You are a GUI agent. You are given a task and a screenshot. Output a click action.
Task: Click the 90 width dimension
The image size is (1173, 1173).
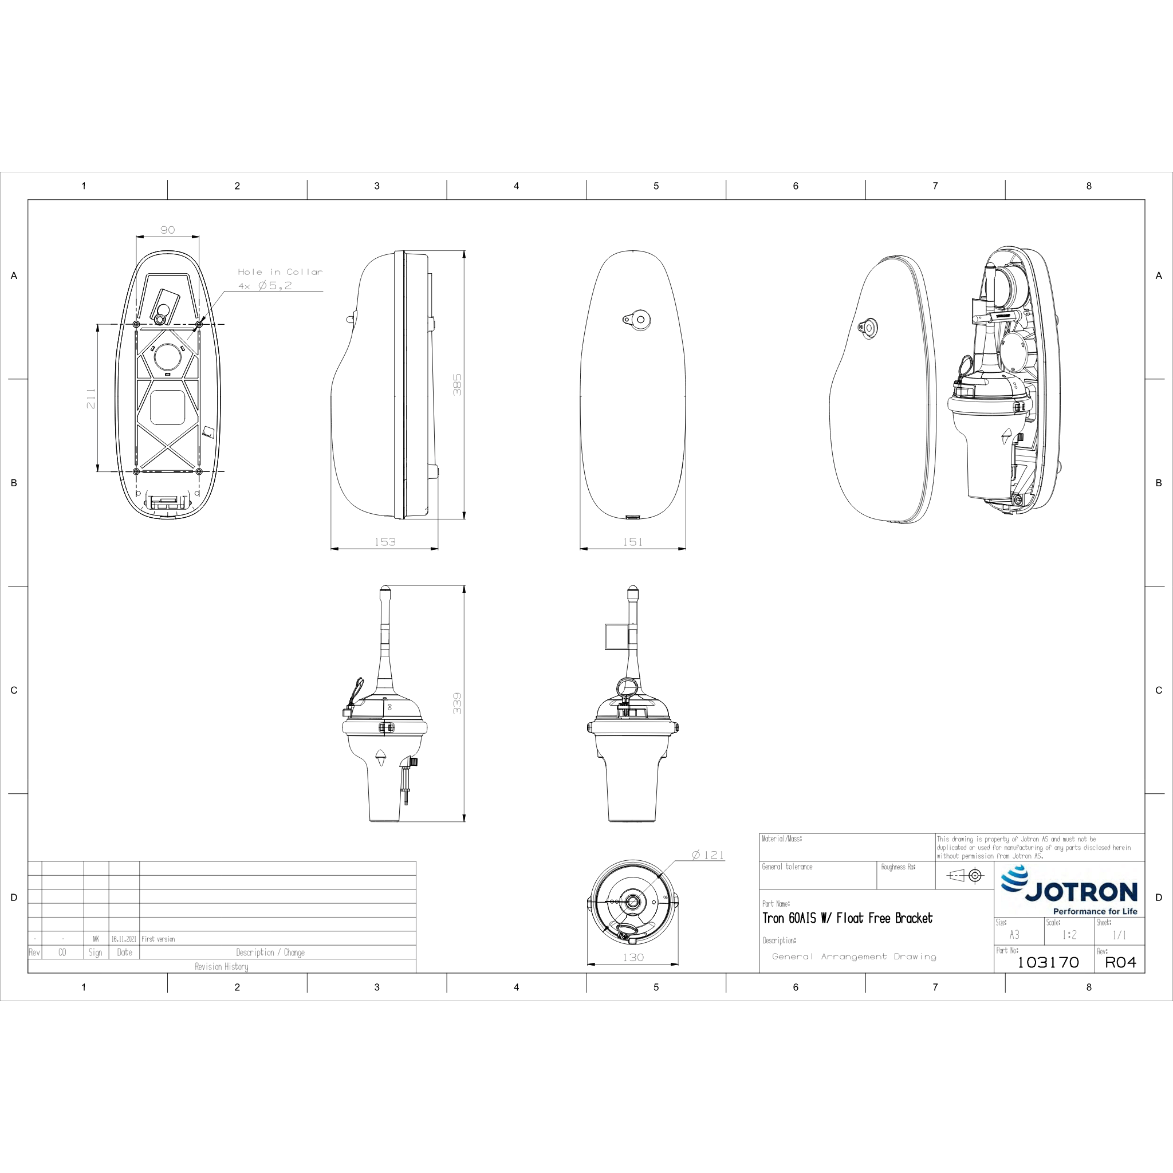(168, 230)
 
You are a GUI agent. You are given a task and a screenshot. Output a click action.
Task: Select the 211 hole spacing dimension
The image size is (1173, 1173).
(91, 397)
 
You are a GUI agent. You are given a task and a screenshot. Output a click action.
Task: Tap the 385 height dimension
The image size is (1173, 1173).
(457, 384)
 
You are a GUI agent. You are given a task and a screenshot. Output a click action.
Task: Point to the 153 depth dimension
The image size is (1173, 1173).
(385, 542)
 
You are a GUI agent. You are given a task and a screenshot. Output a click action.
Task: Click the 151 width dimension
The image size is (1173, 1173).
(633, 542)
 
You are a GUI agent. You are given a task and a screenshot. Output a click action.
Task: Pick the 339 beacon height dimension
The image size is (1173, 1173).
(457, 703)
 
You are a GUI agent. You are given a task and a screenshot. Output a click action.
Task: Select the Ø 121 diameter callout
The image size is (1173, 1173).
(708, 855)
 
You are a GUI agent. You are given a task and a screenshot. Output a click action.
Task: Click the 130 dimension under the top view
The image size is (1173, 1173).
(633, 958)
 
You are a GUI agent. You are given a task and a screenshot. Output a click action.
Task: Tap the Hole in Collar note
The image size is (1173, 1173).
(280, 272)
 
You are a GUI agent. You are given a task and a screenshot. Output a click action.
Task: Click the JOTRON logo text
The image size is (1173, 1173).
(1081, 892)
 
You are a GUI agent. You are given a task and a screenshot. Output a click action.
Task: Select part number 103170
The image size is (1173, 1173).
(1048, 962)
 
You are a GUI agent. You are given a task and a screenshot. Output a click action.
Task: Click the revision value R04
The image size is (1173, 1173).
(1121, 962)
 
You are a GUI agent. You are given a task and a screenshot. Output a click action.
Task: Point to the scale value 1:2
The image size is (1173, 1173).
(1070, 935)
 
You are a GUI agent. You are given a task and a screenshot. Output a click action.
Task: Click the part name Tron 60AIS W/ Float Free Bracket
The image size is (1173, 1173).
(848, 918)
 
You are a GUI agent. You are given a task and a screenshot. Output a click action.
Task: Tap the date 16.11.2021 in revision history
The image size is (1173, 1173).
(124, 939)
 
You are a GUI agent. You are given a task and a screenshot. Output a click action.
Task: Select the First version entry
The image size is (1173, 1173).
(159, 939)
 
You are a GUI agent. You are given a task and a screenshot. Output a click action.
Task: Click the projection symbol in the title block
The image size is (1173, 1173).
(965, 875)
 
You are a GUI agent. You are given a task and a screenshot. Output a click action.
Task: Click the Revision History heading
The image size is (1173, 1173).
(222, 967)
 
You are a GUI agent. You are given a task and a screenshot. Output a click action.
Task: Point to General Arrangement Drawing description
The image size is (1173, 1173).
(854, 956)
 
